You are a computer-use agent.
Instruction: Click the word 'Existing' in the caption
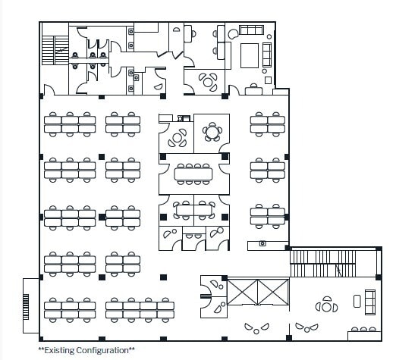(59, 351)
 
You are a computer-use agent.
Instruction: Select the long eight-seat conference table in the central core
(193, 174)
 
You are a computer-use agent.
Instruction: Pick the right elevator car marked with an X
(272, 291)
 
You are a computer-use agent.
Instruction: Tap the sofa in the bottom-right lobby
(371, 302)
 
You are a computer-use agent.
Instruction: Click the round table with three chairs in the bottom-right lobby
(328, 305)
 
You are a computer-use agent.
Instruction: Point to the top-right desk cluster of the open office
(269, 123)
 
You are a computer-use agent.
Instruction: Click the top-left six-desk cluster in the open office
(70, 123)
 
